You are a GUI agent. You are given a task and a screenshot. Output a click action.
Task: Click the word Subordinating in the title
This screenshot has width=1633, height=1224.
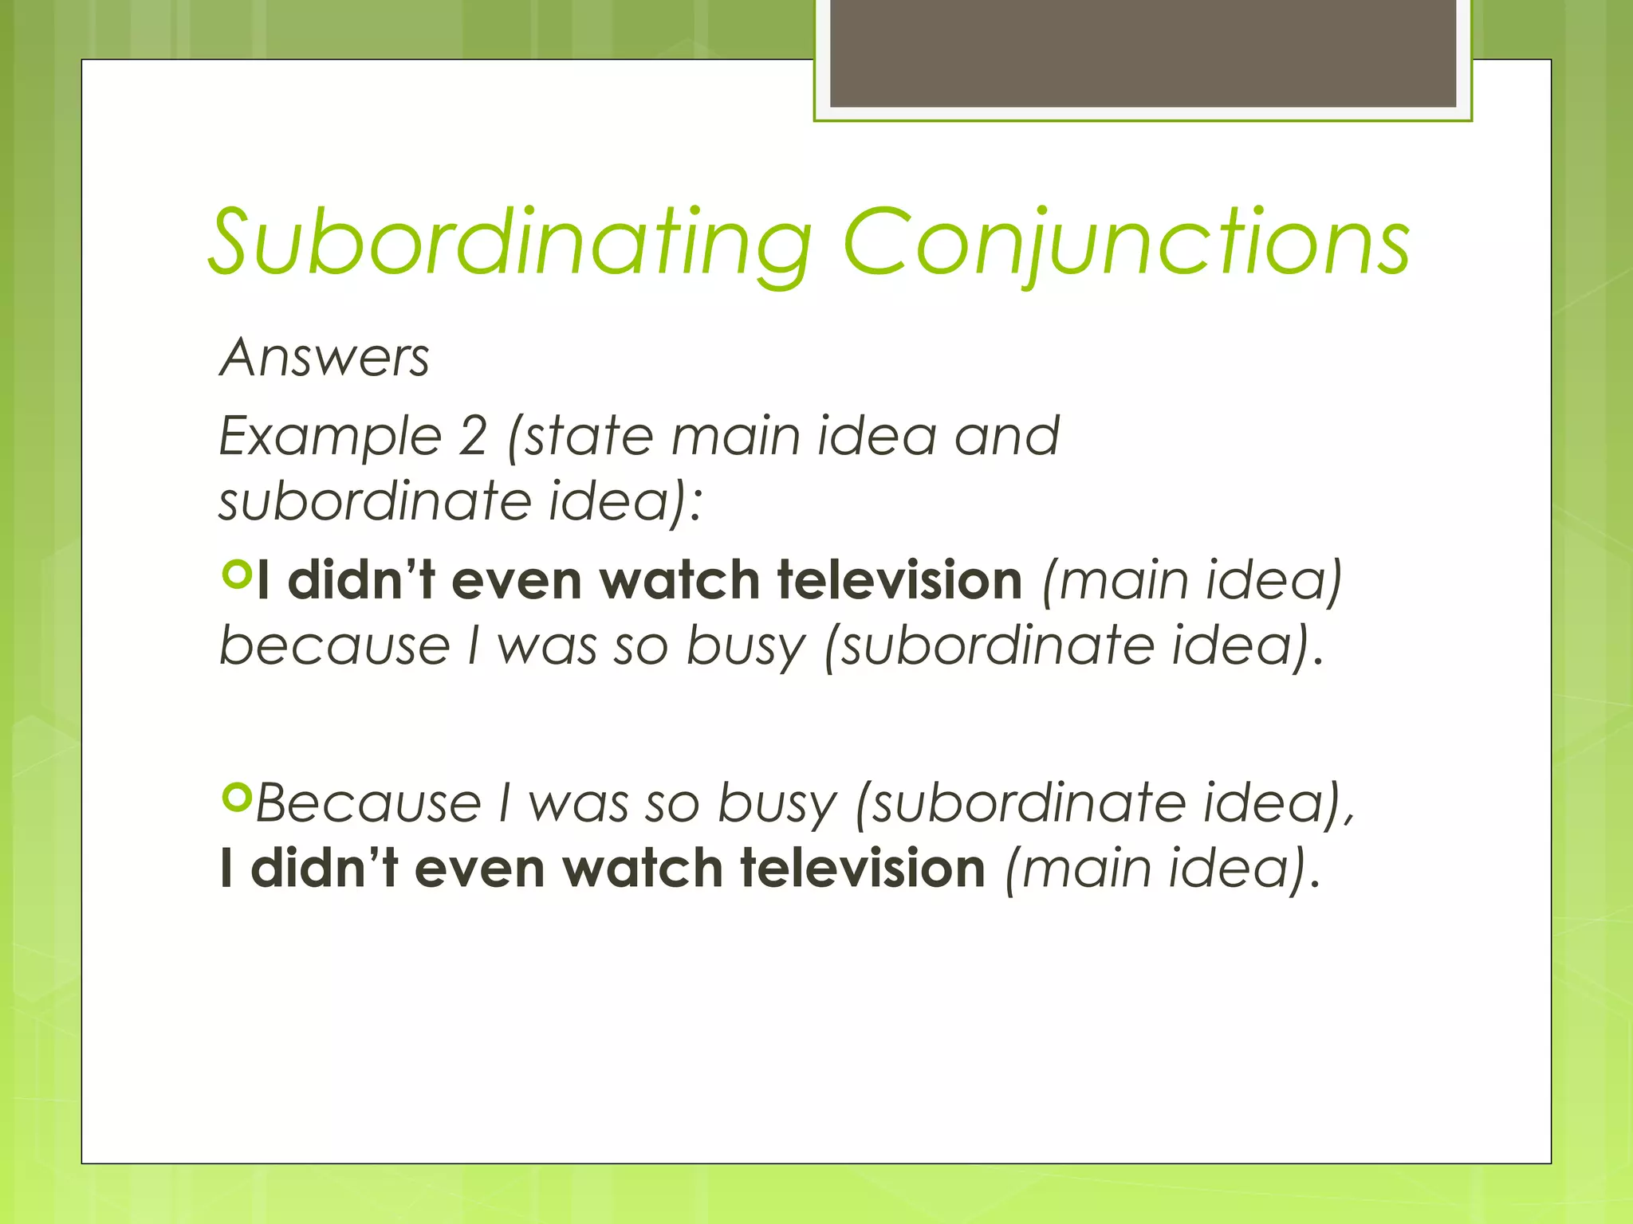coord(510,243)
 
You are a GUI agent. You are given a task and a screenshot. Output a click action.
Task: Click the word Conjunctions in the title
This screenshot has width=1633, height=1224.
coord(1126,243)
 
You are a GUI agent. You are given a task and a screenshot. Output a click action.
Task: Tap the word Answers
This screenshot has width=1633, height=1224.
coord(325,358)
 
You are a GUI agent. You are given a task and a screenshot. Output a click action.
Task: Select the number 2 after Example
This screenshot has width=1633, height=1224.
coord(472,437)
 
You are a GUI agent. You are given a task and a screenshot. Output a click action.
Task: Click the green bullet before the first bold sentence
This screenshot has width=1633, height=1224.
coord(237,574)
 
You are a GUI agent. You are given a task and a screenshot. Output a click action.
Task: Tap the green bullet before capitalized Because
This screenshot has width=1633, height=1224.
coord(237,796)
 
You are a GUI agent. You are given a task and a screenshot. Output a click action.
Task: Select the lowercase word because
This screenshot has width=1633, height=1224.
coord(335,645)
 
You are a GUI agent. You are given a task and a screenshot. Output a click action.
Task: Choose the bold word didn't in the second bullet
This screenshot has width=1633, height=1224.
coord(324,868)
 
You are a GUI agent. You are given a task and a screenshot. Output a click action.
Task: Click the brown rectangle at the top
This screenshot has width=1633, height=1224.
coord(1143,53)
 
